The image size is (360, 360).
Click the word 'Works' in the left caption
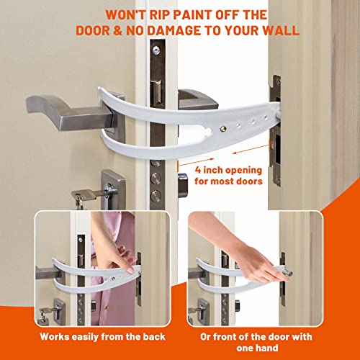(x=56, y=336)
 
